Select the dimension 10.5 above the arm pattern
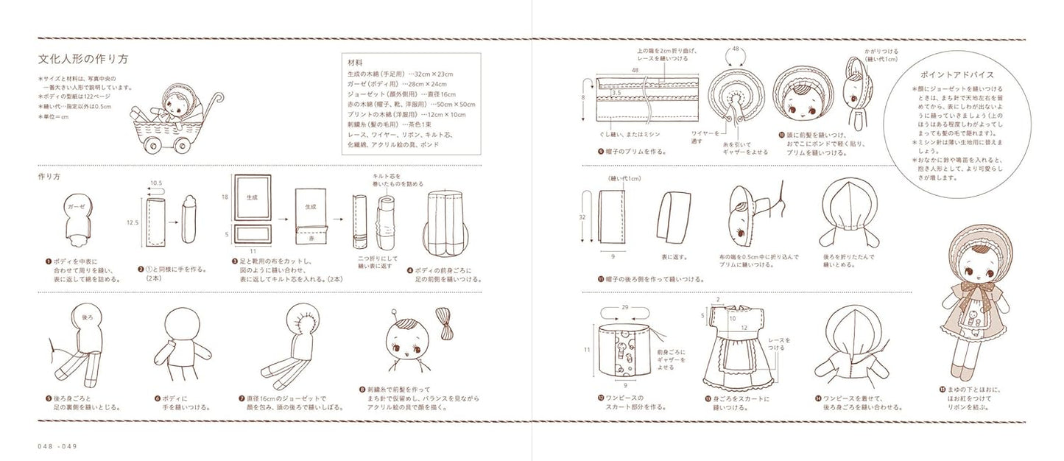coord(157,182)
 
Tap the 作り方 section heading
coord(49,177)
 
